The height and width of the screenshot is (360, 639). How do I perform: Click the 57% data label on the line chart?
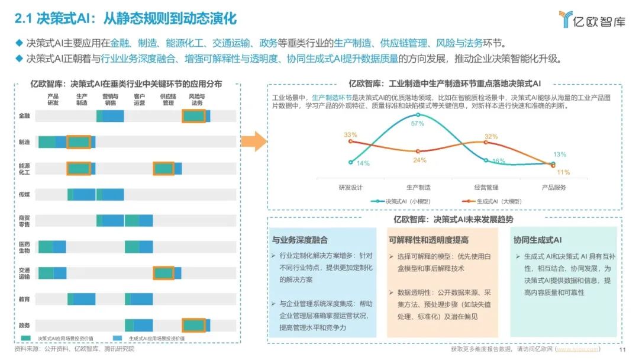tap(418, 124)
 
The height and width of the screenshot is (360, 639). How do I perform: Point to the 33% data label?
tap(350, 134)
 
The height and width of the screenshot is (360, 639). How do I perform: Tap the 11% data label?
tap(563, 172)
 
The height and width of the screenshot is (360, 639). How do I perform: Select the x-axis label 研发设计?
tap(350, 187)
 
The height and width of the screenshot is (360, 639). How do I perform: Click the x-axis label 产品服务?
tap(554, 187)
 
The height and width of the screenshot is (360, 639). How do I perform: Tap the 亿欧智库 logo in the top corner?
tap(591, 19)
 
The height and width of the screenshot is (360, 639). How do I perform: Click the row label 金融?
tap(24, 117)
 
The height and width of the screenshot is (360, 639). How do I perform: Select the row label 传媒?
tap(24, 194)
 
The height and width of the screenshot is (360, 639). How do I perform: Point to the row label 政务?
tap(24, 325)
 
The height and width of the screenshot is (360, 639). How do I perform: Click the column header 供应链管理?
tap(167, 99)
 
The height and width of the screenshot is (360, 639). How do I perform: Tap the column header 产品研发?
tap(53, 99)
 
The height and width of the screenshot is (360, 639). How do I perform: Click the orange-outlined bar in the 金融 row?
tap(193, 117)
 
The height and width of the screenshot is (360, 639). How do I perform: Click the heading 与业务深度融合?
tap(300, 240)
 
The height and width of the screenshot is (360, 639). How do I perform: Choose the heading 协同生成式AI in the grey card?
tap(538, 240)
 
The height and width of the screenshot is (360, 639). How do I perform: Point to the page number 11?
tap(621, 349)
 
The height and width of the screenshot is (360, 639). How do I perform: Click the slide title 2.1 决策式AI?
tap(125, 19)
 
